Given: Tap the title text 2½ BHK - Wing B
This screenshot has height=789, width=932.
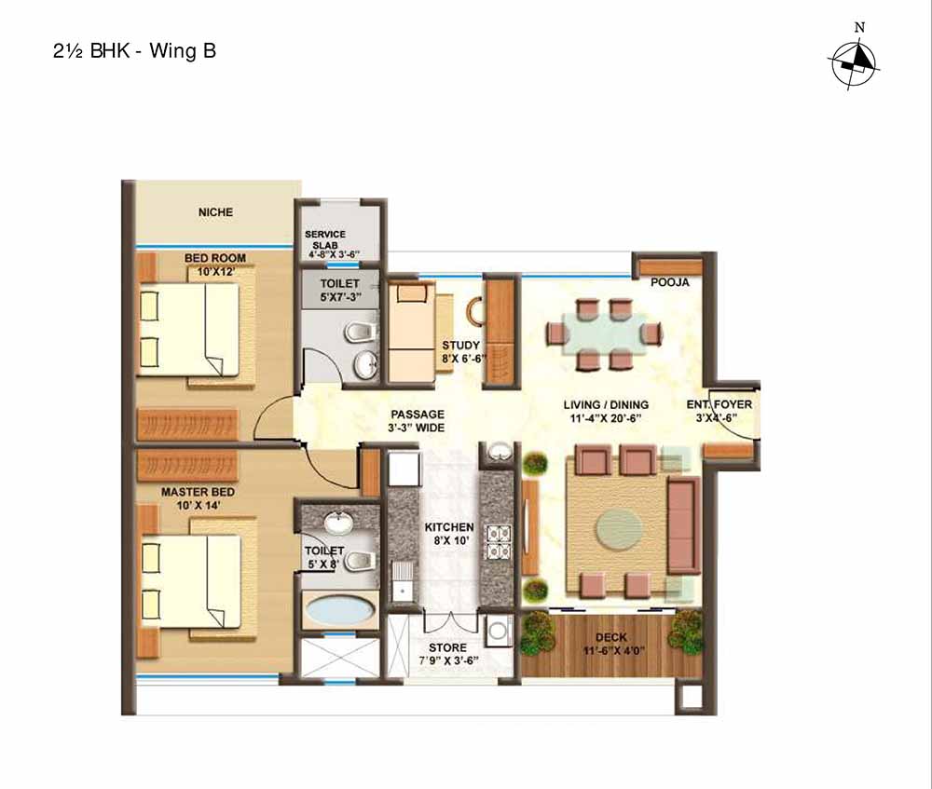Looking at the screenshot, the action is click(134, 50).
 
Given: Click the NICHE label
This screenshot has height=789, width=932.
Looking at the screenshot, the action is click(215, 212).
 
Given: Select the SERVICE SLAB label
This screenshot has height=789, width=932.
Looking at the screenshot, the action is click(324, 239).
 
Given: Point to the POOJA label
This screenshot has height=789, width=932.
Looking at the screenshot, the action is click(670, 283).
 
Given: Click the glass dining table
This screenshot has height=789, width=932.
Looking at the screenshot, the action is click(604, 333).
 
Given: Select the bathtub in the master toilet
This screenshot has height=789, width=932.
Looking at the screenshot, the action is click(340, 610).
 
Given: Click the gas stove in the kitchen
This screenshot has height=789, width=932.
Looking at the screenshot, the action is click(498, 542).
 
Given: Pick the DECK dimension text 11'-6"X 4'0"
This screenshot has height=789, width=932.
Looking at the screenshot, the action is click(614, 650).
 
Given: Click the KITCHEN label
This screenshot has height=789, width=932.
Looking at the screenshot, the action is click(449, 527).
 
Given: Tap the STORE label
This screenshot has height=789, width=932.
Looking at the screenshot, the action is click(447, 647).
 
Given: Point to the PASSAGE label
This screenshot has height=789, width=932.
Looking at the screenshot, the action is click(418, 415).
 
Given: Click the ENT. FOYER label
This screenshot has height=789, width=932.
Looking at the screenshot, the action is click(720, 404).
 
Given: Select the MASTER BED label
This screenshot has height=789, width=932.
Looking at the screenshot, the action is click(198, 492).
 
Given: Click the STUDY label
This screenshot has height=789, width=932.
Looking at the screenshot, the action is click(460, 346).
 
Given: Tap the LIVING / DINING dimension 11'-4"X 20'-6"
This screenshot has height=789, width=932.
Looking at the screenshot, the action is click(606, 417).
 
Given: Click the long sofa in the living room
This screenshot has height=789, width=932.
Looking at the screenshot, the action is click(682, 524).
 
